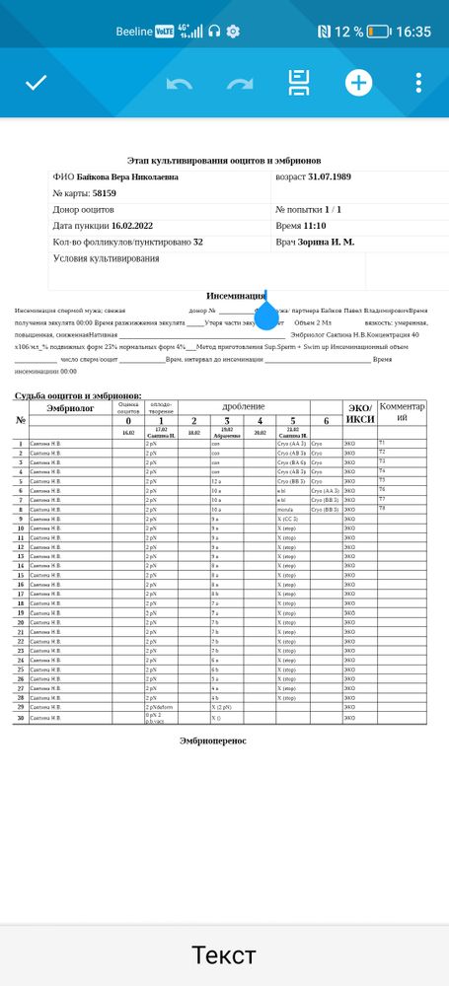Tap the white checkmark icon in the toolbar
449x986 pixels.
(x=37, y=82)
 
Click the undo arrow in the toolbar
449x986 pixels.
(x=180, y=83)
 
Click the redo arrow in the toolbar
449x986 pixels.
(x=240, y=83)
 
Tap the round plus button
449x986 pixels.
(x=358, y=83)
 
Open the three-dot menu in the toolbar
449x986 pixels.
(x=419, y=83)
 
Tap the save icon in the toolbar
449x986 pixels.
(x=299, y=83)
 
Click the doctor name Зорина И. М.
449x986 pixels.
(x=329, y=242)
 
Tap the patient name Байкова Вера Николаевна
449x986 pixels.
(x=128, y=177)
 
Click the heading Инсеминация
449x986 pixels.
(x=235, y=296)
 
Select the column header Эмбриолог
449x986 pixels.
(x=70, y=406)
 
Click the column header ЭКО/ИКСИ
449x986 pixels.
(x=359, y=413)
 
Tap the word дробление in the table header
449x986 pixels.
(x=243, y=405)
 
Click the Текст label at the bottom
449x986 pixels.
(x=223, y=954)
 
